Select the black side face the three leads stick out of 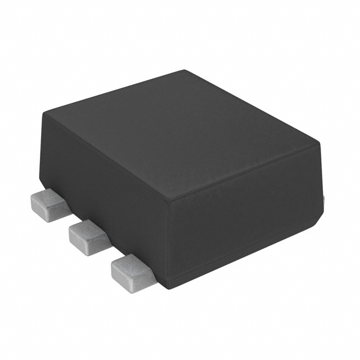point(107,186)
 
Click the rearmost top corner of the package point(186,70)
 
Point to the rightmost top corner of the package point(319,141)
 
